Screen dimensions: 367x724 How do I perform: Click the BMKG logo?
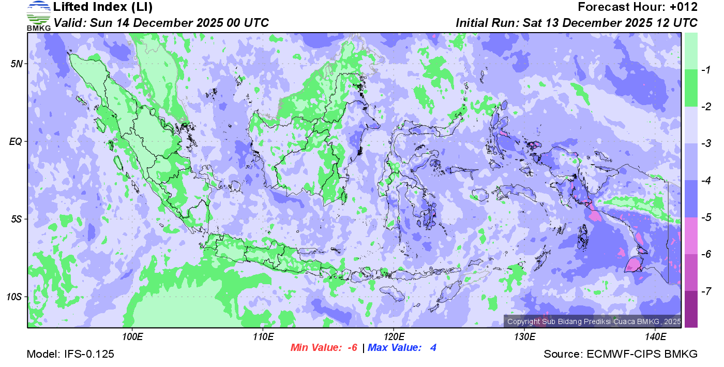tap(38, 16)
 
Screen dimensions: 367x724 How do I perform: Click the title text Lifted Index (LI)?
tap(103, 7)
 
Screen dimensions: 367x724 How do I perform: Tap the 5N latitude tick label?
tap(17, 64)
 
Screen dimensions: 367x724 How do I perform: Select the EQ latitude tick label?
tap(16, 141)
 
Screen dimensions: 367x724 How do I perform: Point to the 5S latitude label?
tap(17, 219)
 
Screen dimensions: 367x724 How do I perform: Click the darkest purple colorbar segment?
tap(691, 309)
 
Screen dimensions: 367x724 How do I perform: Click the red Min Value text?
tap(324, 348)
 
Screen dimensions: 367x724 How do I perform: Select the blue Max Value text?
tap(402, 348)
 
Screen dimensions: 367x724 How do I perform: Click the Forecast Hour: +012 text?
tap(638, 7)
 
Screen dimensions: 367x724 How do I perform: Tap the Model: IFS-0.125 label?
tap(70, 355)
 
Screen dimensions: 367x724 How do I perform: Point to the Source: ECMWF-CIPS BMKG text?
tap(621, 355)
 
